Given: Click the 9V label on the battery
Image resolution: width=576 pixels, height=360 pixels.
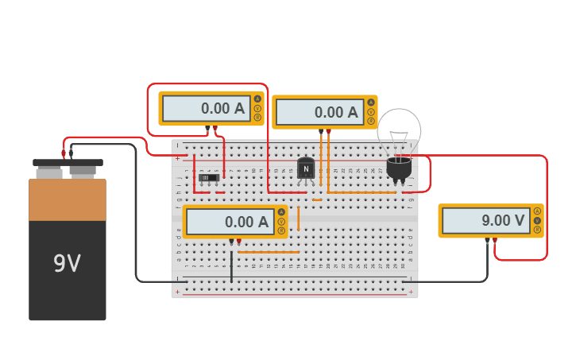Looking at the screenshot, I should [x=67, y=263].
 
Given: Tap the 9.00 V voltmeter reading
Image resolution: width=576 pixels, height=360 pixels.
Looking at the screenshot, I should [x=485, y=221].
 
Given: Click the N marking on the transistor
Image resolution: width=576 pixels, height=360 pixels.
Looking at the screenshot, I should [x=306, y=168].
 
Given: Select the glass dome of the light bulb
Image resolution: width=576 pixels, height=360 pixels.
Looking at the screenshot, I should [x=399, y=132].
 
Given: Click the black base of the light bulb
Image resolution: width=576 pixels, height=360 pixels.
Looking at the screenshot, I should [x=399, y=168].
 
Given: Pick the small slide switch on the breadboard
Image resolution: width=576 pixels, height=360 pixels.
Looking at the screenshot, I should [x=209, y=177].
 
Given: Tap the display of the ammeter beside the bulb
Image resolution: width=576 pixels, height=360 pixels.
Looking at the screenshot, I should [x=319, y=113].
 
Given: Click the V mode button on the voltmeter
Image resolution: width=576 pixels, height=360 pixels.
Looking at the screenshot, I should [x=537, y=220].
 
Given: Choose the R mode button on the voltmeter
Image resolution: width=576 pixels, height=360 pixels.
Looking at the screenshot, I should [x=537, y=230].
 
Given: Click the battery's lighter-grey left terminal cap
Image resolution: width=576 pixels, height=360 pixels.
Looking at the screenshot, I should [x=48, y=172].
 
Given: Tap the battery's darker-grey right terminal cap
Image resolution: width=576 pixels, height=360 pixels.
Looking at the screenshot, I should [x=83, y=171].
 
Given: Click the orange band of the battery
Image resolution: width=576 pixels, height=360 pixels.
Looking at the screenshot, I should [x=68, y=199].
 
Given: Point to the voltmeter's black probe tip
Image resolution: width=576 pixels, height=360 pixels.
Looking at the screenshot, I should [x=487, y=239].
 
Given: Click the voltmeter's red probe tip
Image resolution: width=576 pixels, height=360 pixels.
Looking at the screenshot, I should [x=495, y=239].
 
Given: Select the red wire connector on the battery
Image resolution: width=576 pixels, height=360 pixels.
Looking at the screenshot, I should [x=64, y=153].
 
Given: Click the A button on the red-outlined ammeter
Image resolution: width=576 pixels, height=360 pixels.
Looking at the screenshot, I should [x=257, y=99].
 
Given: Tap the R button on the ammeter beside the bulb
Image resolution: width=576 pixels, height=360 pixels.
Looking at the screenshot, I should [x=371, y=121].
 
